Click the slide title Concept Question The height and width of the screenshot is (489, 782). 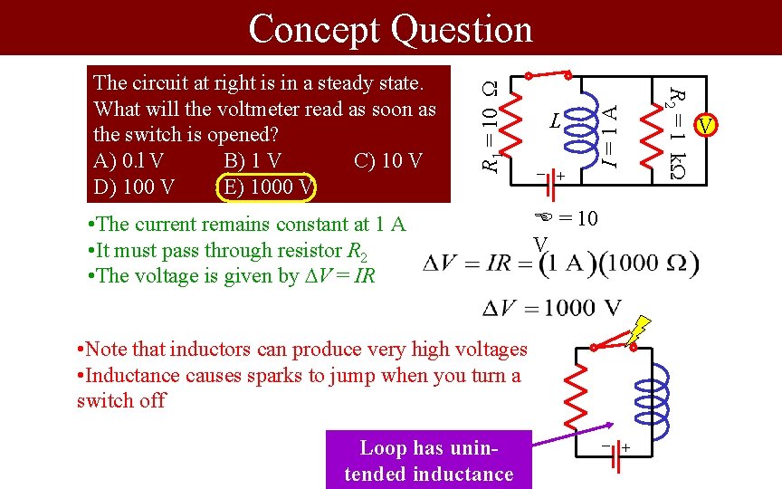pyautogui.click(x=390, y=29)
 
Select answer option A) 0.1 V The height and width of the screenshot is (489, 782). pyautogui.click(x=129, y=161)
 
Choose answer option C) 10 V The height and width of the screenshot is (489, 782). pyautogui.click(x=387, y=161)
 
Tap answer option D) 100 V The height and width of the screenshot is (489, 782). pyautogui.click(x=134, y=187)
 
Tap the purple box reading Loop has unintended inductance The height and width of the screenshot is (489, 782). pyautogui.click(x=429, y=460)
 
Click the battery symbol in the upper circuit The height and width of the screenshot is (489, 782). pyautogui.click(x=547, y=176)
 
